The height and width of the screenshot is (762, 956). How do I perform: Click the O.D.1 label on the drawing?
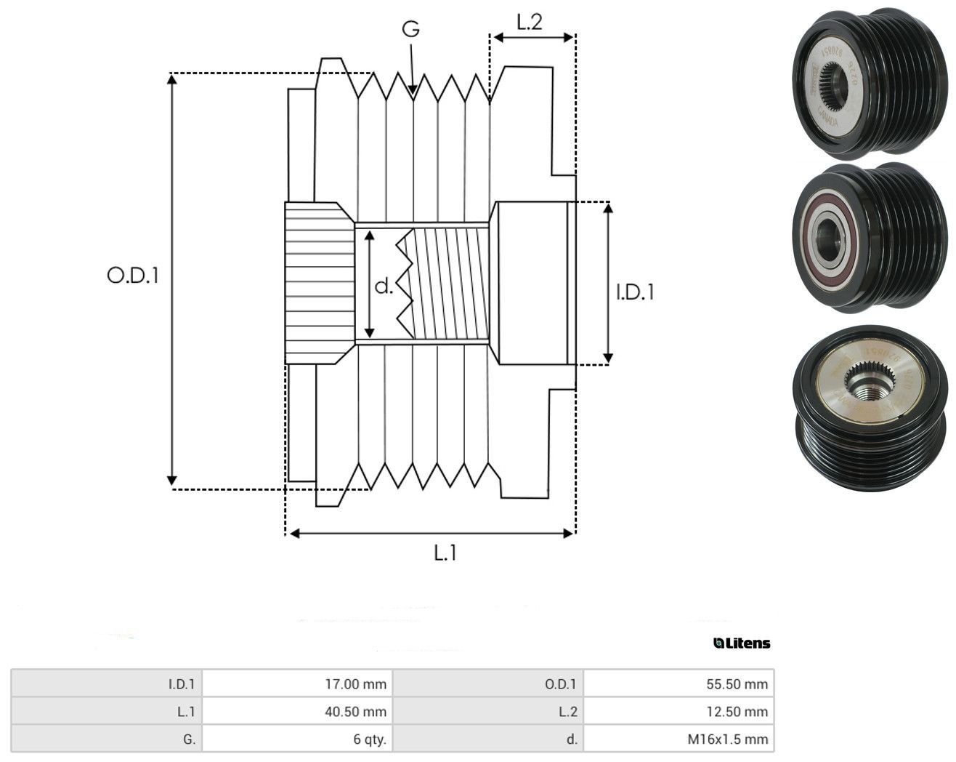point(133,275)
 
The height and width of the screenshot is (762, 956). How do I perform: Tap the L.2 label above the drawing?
point(530,22)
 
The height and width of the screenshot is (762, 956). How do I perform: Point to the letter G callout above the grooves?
point(410,29)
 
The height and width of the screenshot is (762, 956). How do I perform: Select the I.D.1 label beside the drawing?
point(635,292)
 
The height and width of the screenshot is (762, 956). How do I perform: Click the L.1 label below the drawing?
point(445,553)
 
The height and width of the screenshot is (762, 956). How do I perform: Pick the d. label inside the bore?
point(384,286)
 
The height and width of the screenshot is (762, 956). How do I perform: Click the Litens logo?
point(742,643)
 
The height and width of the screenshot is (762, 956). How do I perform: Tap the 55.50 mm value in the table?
point(737,683)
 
